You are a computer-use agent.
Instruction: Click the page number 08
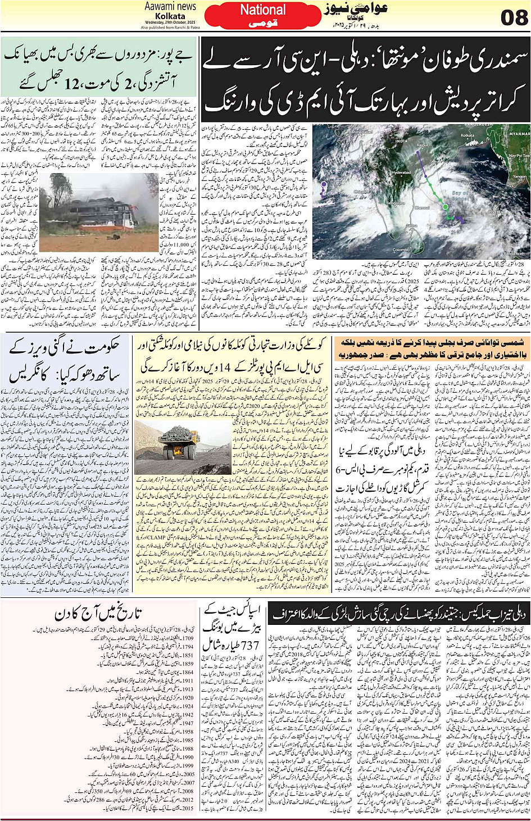[514, 17]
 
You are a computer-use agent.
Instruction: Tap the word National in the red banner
[263, 10]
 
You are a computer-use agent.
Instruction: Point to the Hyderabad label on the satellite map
[402, 173]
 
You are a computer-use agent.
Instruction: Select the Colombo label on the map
[401, 250]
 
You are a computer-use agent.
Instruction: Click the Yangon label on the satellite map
[520, 176]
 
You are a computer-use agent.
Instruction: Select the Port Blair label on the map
[496, 212]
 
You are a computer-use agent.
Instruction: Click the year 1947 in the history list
[187, 724]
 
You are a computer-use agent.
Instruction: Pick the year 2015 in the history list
[187, 809]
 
